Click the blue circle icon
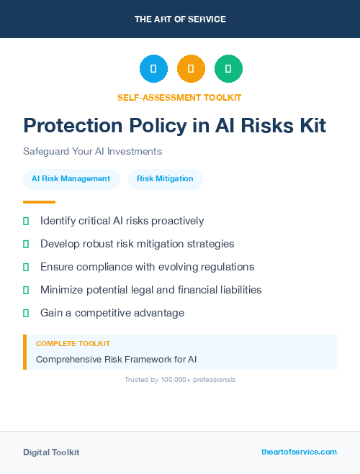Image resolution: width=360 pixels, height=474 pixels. click(153, 68)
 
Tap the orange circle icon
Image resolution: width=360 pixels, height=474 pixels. click(191, 68)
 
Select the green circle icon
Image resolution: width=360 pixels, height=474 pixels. click(228, 68)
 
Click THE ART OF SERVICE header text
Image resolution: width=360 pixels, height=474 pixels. click(180, 19)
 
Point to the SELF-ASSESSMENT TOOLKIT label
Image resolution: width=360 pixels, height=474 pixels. click(179, 97)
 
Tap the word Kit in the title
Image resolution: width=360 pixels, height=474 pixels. click(310, 126)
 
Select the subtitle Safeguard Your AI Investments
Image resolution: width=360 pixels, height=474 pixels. click(92, 152)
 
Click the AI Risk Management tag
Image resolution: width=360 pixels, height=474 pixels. click(71, 178)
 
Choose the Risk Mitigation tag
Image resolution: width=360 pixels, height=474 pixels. click(165, 178)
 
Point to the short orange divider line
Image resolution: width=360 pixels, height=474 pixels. click(39, 202)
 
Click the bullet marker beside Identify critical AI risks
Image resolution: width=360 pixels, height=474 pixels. click(26, 221)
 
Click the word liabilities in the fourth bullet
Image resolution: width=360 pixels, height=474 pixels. click(236, 290)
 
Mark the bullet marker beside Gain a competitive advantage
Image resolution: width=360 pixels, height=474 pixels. click(26, 313)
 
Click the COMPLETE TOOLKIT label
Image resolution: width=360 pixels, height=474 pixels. click(73, 344)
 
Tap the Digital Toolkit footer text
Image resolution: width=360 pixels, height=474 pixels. click(51, 452)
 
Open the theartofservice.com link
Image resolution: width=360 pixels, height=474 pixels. click(299, 452)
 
